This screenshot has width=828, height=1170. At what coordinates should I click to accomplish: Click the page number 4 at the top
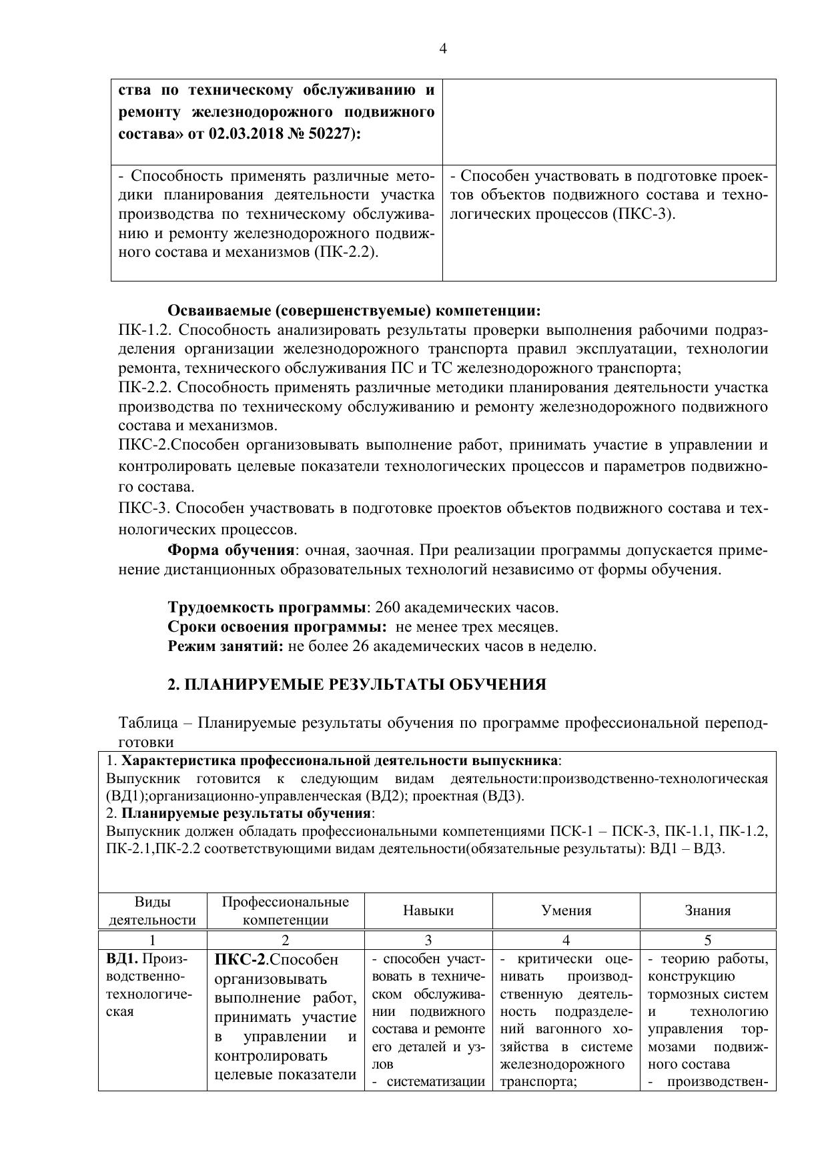(x=443, y=49)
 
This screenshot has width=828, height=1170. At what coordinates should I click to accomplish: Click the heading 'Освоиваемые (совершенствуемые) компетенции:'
(x=354, y=311)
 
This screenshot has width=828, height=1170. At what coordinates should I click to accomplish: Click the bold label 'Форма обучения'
(x=231, y=550)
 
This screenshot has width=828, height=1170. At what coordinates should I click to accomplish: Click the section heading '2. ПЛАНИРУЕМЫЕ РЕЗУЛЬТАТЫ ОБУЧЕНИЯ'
(x=356, y=685)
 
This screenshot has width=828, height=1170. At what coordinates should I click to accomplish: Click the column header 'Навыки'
(x=428, y=911)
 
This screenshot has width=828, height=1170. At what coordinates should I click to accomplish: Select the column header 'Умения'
(x=566, y=911)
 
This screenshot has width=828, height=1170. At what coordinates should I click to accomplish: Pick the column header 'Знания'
(x=707, y=911)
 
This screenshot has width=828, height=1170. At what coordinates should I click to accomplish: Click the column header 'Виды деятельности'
(x=152, y=911)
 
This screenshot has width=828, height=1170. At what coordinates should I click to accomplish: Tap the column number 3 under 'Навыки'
(x=428, y=941)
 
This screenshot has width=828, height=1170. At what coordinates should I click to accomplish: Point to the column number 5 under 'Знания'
(x=707, y=941)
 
